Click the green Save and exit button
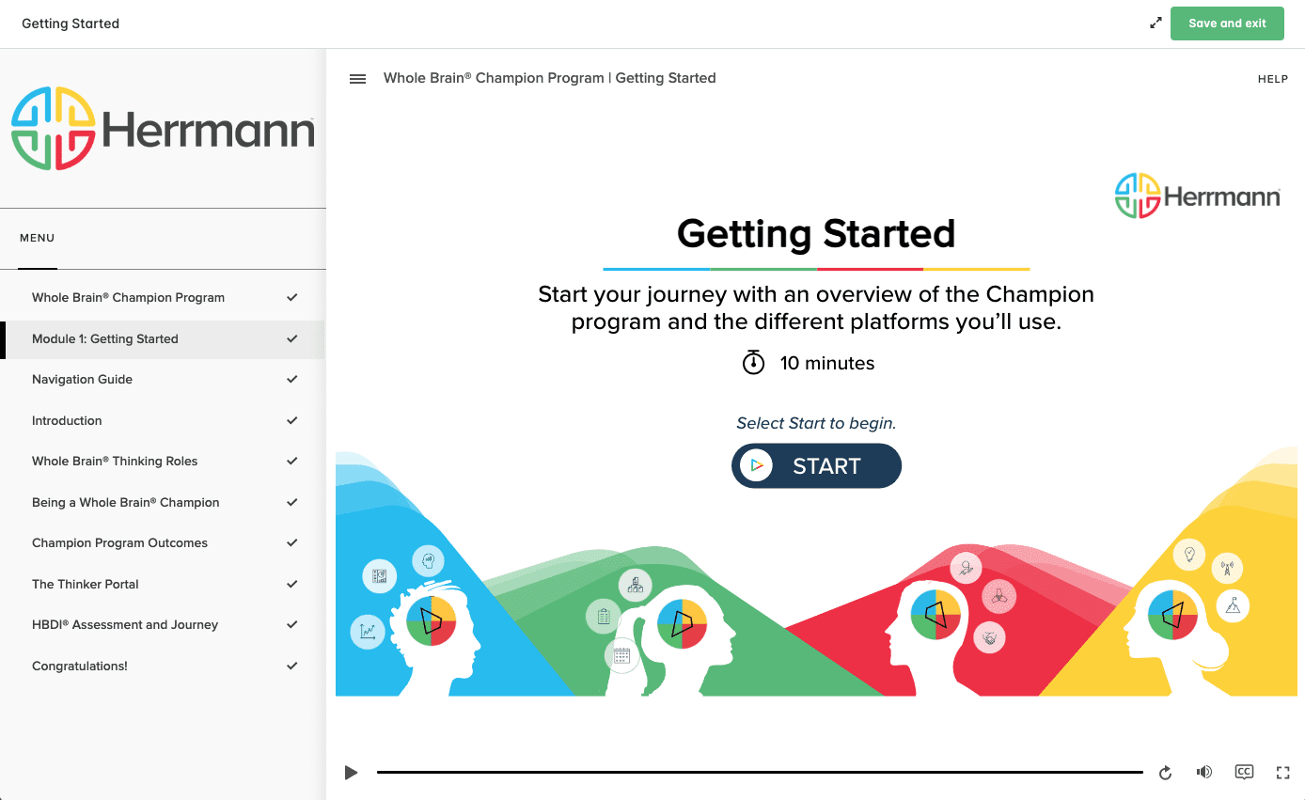coord(1227,24)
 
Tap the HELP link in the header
coord(1272,79)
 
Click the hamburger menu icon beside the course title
coord(357,79)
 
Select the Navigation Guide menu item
coord(82,379)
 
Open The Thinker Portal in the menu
coord(85,584)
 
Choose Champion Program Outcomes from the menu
coord(119,542)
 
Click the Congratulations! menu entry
coord(79,666)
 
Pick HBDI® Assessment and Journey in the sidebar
coord(125,624)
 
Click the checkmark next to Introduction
coord(291,420)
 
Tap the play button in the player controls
coord(351,773)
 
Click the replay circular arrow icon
coord(1165,773)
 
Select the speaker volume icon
coord(1204,772)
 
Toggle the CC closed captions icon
coord(1244,772)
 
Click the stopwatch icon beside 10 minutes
coord(753,362)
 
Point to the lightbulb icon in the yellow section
coord(1189,554)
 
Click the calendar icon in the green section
coord(621,655)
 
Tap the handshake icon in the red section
coord(989,637)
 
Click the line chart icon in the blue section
coord(368,631)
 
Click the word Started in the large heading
coord(889,234)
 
